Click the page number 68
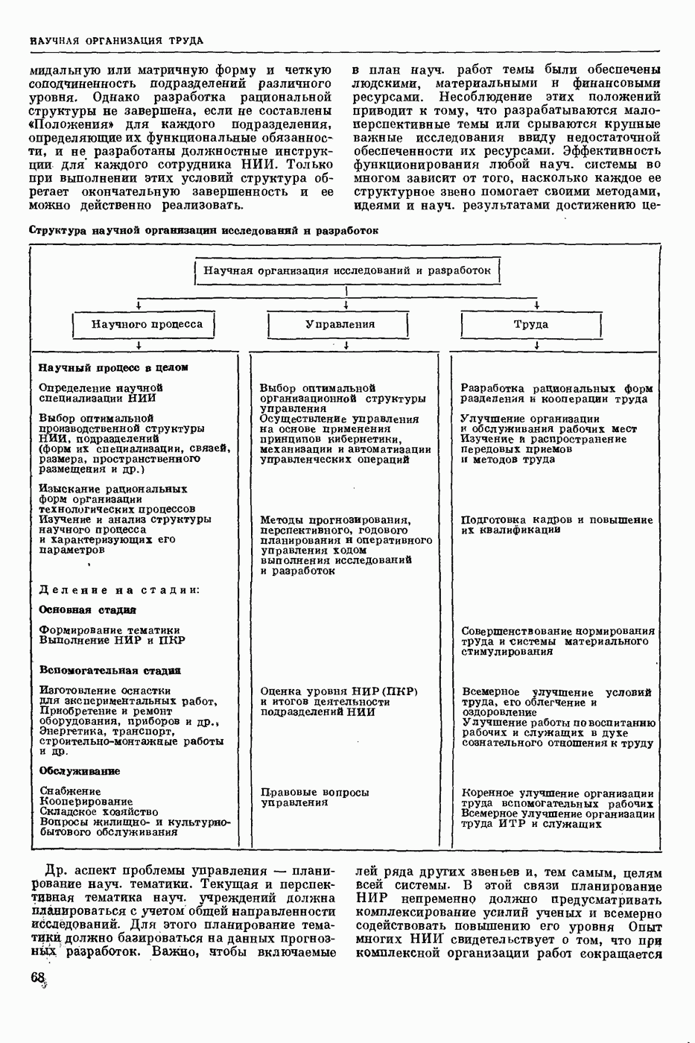click(x=38, y=979)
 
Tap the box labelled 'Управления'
click(x=340, y=324)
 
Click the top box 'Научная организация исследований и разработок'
click(x=347, y=270)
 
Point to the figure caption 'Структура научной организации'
click(x=203, y=230)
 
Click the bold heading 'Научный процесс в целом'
click(x=113, y=367)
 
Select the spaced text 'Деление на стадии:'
click(x=119, y=589)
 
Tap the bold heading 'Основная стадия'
click(x=87, y=609)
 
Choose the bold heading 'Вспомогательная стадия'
click(x=110, y=670)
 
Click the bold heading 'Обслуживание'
click(x=80, y=771)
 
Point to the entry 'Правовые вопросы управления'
click(x=314, y=797)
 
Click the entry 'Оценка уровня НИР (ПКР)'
click(x=339, y=691)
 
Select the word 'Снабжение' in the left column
click(x=70, y=791)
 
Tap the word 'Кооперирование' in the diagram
click(x=86, y=802)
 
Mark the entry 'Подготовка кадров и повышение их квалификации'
click(x=556, y=524)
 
